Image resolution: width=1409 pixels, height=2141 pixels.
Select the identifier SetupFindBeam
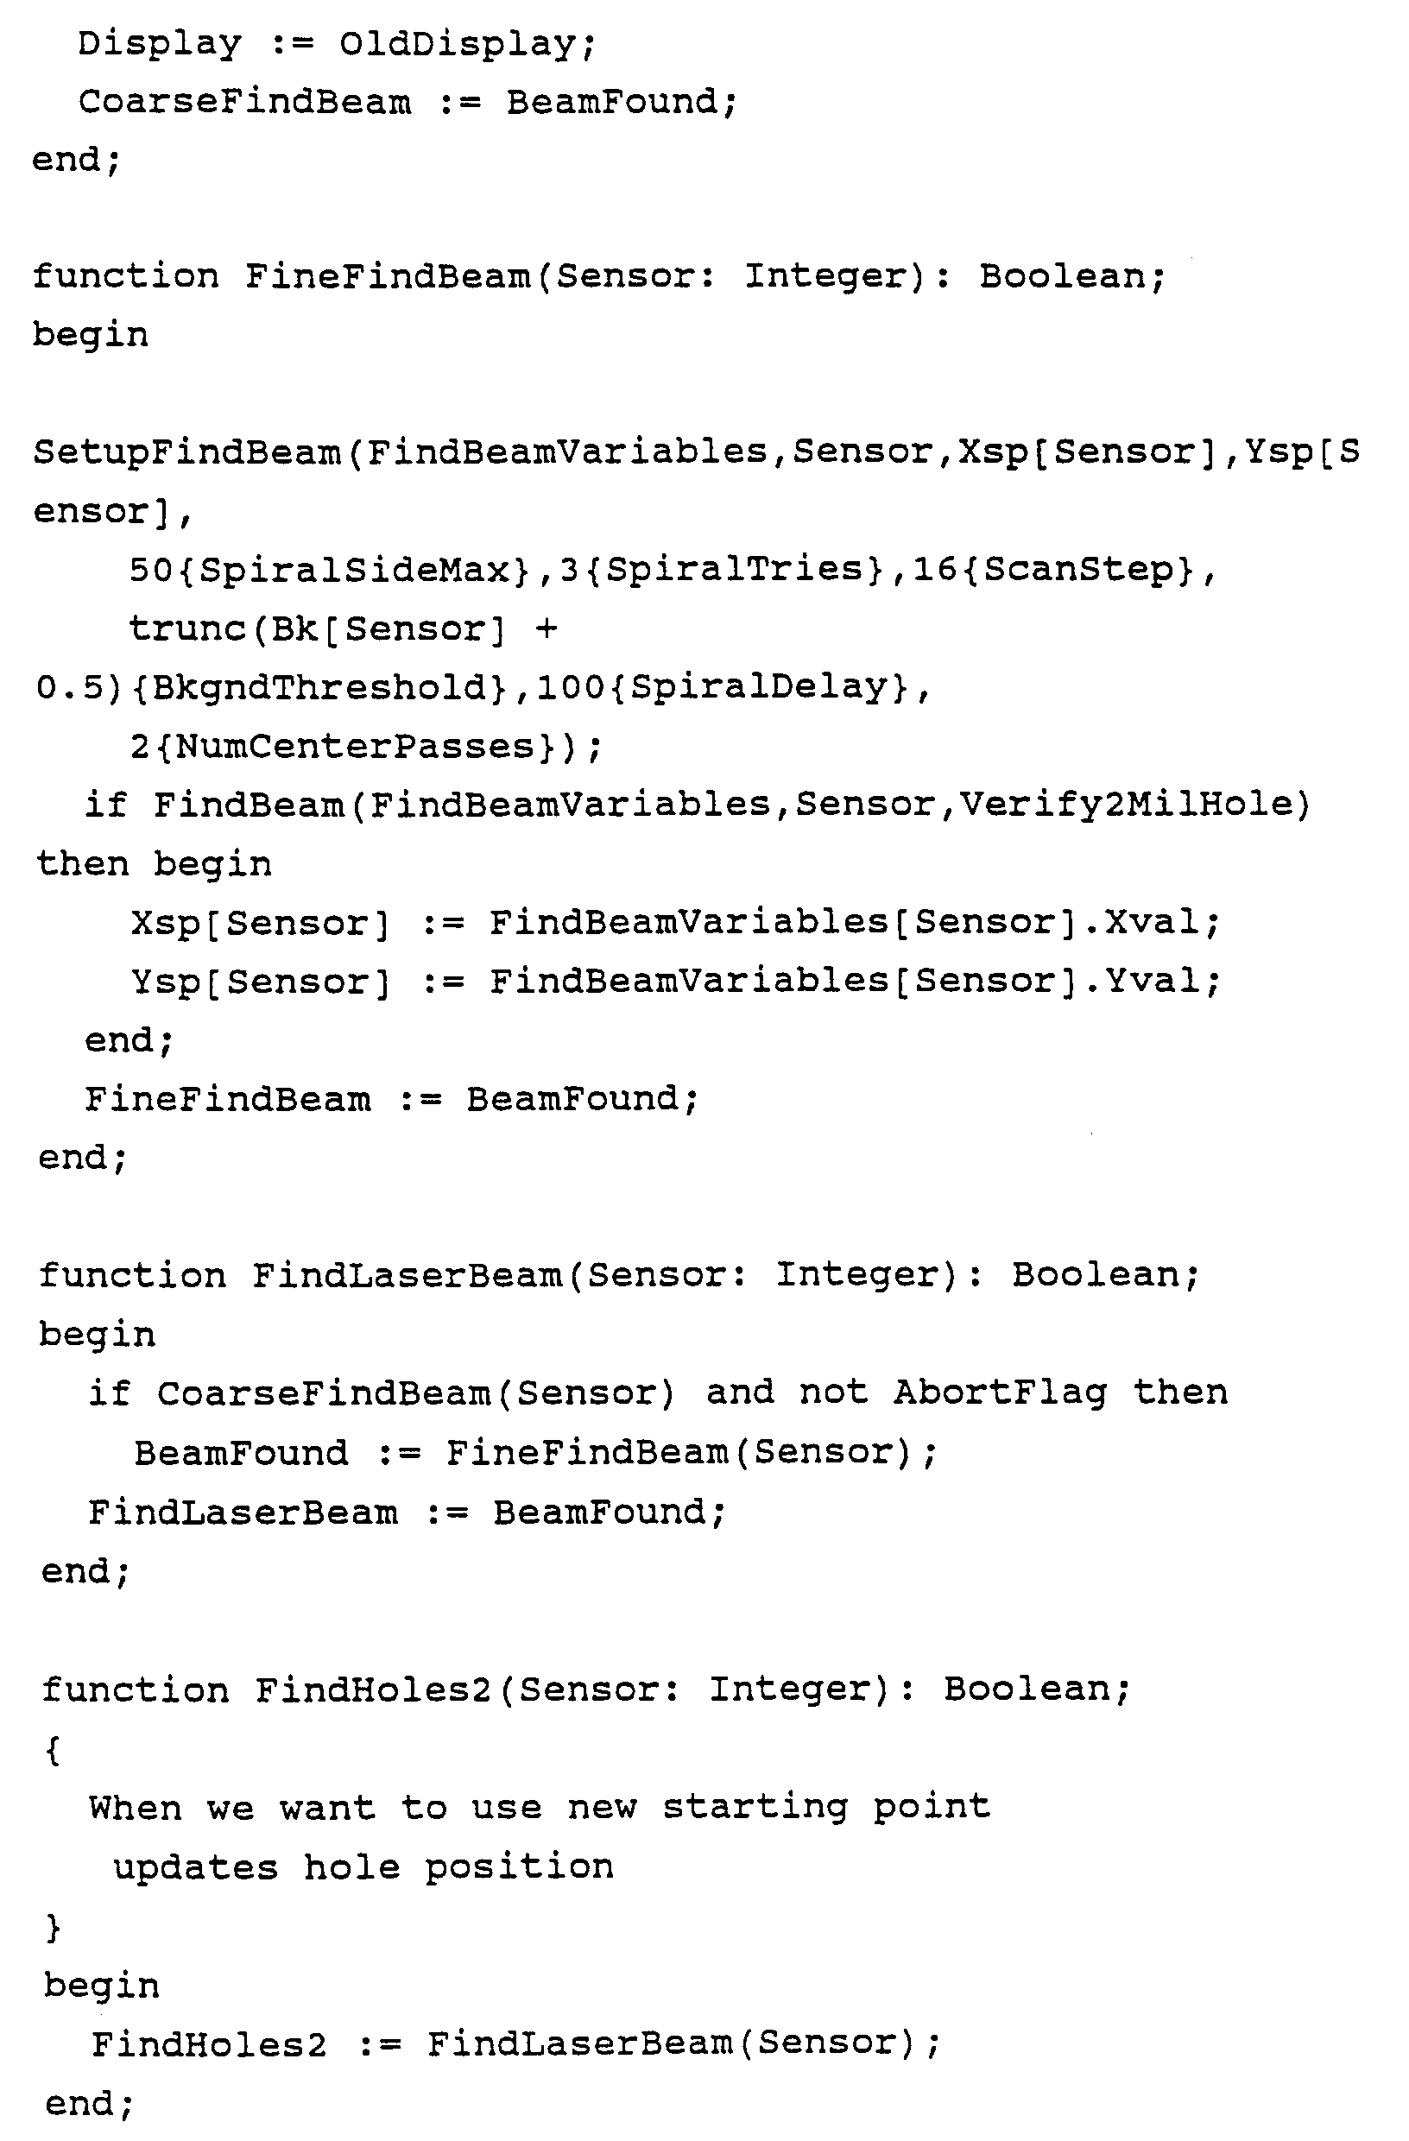(187, 452)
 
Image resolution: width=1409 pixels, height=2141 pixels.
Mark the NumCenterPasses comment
(357, 748)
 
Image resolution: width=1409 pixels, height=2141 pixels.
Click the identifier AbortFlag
(1000, 1393)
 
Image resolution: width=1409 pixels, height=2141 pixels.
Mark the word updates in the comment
(195, 1867)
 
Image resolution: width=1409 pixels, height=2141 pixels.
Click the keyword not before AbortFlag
(833, 1393)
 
